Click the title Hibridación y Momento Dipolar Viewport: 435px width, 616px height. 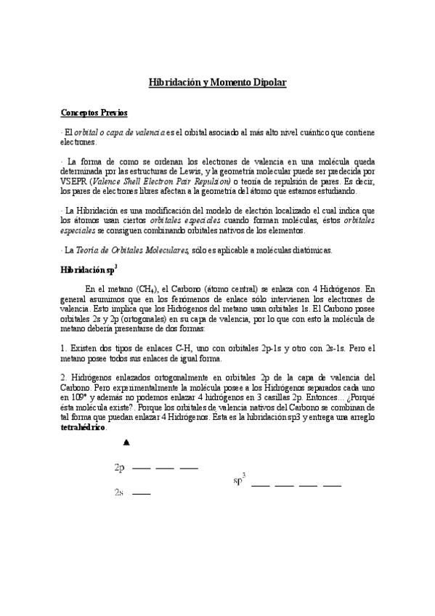[x=217, y=84]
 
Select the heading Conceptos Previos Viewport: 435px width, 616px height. [x=94, y=113]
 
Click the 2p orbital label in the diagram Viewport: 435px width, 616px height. [x=120, y=467]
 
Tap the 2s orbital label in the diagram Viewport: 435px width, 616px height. [x=120, y=493]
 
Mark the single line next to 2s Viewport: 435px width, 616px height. [x=142, y=494]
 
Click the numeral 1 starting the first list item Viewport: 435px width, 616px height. [x=62, y=348]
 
